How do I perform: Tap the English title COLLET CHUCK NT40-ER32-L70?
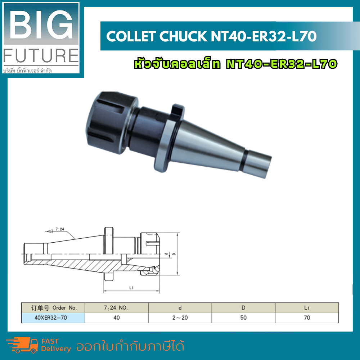(x=211, y=36)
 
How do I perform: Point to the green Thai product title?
(x=235, y=64)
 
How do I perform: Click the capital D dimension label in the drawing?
(x=174, y=254)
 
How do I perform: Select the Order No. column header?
(x=53, y=308)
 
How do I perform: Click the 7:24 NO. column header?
(x=116, y=308)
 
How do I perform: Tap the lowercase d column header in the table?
(x=180, y=308)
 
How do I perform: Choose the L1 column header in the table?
(x=307, y=308)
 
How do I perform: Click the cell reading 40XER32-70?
(x=53, y=318)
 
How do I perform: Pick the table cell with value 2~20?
(x=180, y=318)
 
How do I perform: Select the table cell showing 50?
(x=243, y=318)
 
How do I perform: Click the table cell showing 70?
(x=307, y=318)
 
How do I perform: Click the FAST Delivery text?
(x=56, y=345)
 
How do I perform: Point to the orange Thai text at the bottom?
(x=130, y=346)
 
